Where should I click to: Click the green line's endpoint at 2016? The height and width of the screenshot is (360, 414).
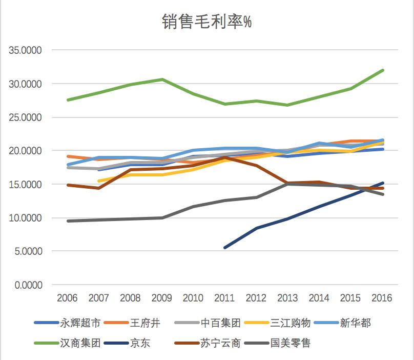[383, 70]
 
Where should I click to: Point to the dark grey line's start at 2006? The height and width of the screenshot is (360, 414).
[68, 221]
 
